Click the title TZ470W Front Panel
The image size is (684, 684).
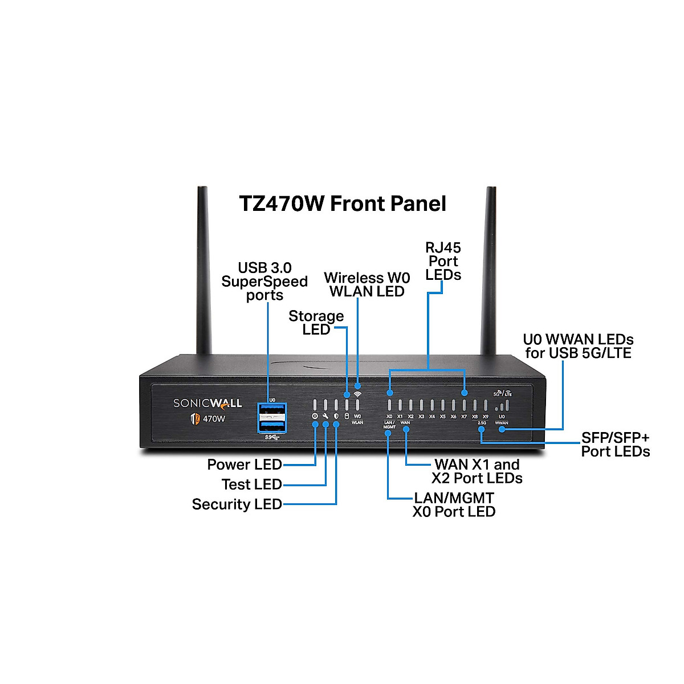342,203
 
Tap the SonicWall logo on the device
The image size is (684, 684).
207,404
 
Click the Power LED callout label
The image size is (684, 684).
245,465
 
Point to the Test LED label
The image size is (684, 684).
251,484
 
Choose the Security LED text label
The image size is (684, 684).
237,504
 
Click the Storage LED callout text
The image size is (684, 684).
316,323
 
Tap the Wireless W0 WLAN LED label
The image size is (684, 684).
367,284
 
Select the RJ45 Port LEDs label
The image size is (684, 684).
443,261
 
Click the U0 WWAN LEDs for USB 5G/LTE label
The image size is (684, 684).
578,346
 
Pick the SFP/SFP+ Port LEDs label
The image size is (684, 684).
615,445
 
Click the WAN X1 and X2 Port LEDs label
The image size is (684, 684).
477,471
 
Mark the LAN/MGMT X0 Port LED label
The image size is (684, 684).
454,504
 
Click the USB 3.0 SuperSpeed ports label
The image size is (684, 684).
264,282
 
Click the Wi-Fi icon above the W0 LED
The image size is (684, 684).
357,394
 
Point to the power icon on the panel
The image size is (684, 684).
315,417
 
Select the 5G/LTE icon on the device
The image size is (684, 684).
502,393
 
